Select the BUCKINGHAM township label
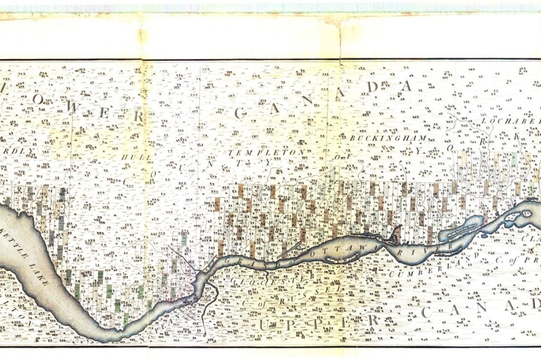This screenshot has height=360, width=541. (x=388, y=138)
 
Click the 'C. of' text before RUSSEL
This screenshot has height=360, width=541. (x=254, y=303)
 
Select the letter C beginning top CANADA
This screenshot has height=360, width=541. (x=240, y=113)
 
